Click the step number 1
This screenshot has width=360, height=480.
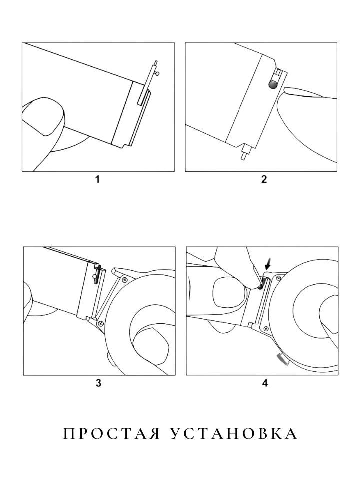pyautogui.click(x=97, y=179)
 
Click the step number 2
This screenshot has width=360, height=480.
pyautogui.click(x=264, y=179)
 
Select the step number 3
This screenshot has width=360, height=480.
pyautogui.click(x=98, y=383)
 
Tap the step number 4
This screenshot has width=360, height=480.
pyautogui.click(x=265, y=383)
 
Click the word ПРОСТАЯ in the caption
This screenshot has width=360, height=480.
pyautogui.click(x=111, y=434)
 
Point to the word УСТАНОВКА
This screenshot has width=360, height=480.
pyautogui.click(x=233, y=434)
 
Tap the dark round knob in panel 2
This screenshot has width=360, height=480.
pyautogui.click(x=273, y=85)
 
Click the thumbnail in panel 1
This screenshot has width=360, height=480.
pyautogui.click(x=43, y=117)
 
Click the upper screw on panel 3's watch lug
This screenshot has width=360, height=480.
pyautogui.click(x=125, y=280)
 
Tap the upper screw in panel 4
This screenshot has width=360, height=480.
pyautogui.click(x=278, y=278)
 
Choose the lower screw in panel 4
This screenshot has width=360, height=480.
pyautogui.click(x=265, y=328)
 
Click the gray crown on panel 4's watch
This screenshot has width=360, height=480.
pyautogui.click(x=282, y=359)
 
